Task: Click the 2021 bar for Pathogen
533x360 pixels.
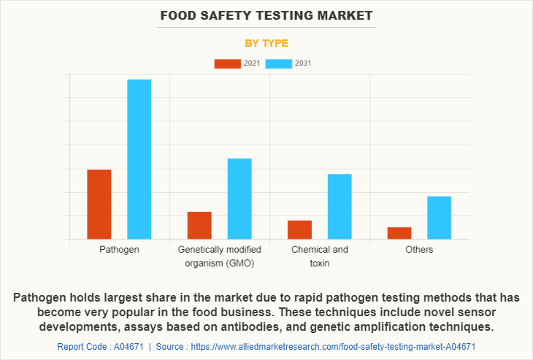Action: (99, 204)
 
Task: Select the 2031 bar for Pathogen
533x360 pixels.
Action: (139, 159)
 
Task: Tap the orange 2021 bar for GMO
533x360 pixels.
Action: (199, 225)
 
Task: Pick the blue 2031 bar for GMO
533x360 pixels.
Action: (239, 199)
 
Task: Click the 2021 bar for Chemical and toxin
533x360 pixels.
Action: (299, 229)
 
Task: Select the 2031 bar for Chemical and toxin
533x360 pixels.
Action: (340, 207)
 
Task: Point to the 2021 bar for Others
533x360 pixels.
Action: (399, 233)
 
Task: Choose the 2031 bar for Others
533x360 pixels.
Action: (440, 218)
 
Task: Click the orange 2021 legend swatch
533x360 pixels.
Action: (227, 64)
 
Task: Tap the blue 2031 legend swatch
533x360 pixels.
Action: (279, 64)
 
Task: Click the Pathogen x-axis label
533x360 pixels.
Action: (119, 250)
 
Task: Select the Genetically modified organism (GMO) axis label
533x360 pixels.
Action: (219, 256)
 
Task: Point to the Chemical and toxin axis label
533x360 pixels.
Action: (319, 256)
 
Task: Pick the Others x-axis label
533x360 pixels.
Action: (419, 250)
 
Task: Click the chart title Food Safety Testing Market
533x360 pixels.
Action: (266, 15)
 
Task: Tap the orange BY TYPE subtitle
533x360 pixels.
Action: (266, 43)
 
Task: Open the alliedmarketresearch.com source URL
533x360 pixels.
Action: (333, 346)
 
